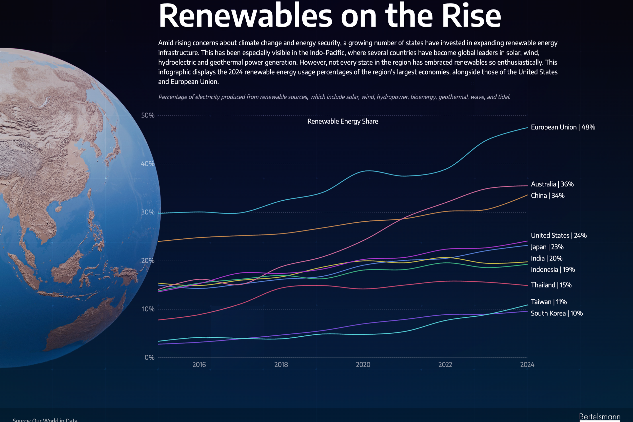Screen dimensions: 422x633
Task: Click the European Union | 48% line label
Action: click(x=563, y=127)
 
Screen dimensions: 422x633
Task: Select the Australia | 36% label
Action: click(x=552, y=184)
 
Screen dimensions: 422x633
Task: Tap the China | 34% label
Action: click(x=547, y=196)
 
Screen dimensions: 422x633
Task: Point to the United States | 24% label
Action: click(x=559, y=236)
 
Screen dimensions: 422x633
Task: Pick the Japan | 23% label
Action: click(x=547, y=247)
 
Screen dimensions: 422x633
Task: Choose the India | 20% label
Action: click(x=546, y=259)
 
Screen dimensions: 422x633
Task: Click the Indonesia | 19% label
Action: click(x=552, y=270)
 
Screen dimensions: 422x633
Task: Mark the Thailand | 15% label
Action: click(x=551, y=285)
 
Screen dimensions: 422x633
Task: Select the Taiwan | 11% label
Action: click(x=548, y=302)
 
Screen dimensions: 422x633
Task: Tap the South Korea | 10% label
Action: click(x=557, y=314)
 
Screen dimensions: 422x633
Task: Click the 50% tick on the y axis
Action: click(x=148, y=116)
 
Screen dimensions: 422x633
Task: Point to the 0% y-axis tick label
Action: click(x=149, y=358)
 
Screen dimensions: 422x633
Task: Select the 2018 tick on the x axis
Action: click(x=281, y=365)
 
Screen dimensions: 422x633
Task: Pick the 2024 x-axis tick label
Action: click(x=527, y=365)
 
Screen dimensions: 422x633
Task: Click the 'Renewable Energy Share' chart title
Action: click(x=343, y=121)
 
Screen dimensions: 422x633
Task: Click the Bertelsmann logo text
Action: click(x=599, y=417)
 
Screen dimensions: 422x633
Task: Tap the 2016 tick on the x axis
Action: click(x=199, y=365)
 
